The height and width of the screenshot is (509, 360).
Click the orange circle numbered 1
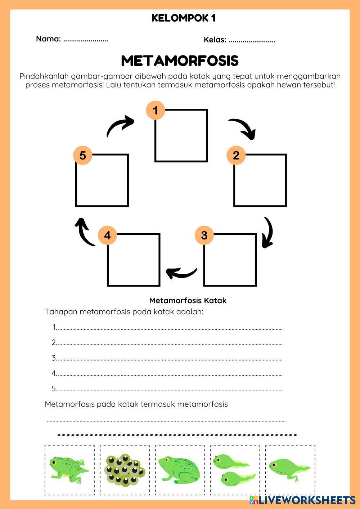click(156, 110)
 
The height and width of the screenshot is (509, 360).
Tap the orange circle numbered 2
click(236, 156)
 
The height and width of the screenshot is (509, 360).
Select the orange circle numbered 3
click(204, 235)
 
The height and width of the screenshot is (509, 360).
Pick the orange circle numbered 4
click(107, 235)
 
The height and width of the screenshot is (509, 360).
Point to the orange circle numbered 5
click(83, 156)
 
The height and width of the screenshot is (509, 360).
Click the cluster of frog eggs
click(125, 470)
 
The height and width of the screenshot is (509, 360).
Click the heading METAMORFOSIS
click(180, 61)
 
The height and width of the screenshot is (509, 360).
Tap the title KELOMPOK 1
click(183, 18)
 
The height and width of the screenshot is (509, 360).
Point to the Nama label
click(48, 39)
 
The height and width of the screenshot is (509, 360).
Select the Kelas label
click(215, 40)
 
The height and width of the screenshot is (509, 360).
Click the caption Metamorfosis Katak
click(188, 300)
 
